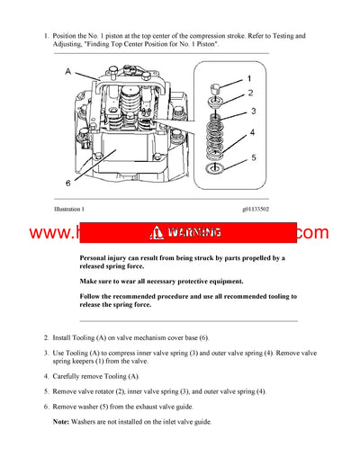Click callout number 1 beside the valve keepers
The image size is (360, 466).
coord(250,80)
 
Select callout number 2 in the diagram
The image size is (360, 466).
coord(250,94)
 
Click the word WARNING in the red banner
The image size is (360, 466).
coord(193,233)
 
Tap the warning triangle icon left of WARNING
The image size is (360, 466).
coord(159,233)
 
